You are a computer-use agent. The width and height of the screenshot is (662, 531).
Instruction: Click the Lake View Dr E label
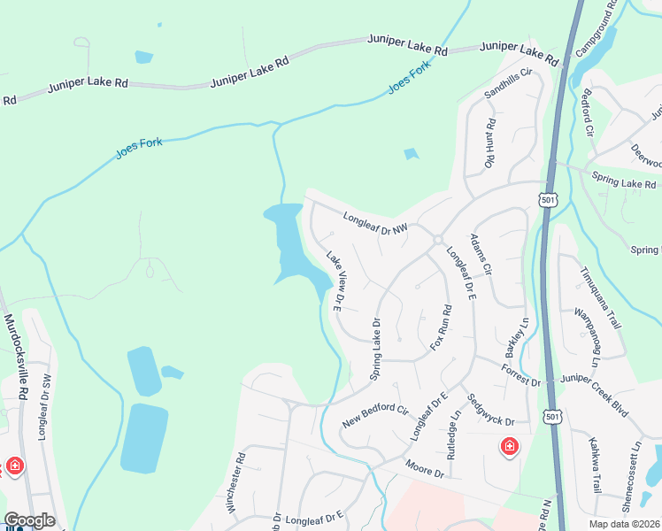coord(335,281)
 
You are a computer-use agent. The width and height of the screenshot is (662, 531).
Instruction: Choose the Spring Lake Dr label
coord(374,349)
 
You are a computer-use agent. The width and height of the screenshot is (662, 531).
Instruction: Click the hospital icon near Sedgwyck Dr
coord(510,447)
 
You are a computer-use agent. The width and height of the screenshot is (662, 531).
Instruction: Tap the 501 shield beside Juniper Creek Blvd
coord(552,415)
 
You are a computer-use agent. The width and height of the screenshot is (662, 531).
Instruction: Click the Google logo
coord(29,520)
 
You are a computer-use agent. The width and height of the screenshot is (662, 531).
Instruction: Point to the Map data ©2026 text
coord(625,523)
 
